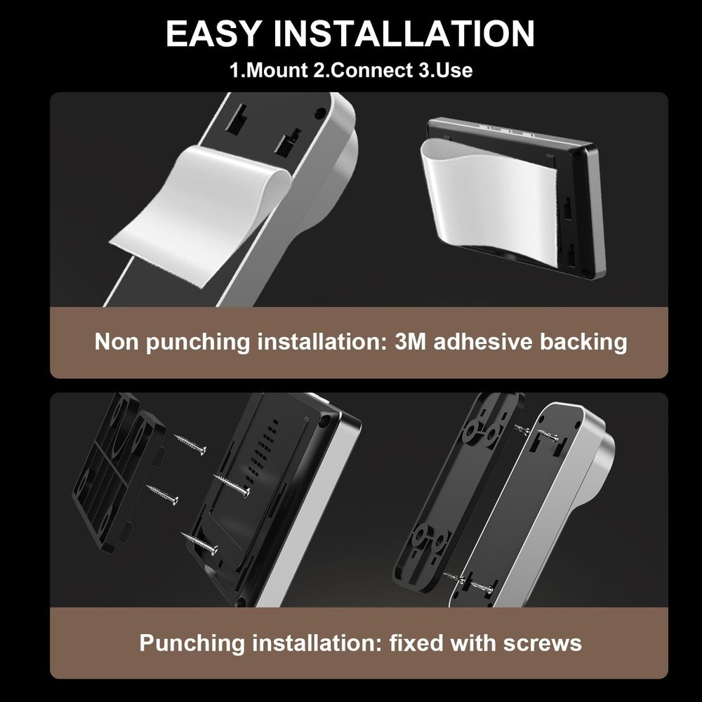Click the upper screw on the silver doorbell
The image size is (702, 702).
coord(541,433)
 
